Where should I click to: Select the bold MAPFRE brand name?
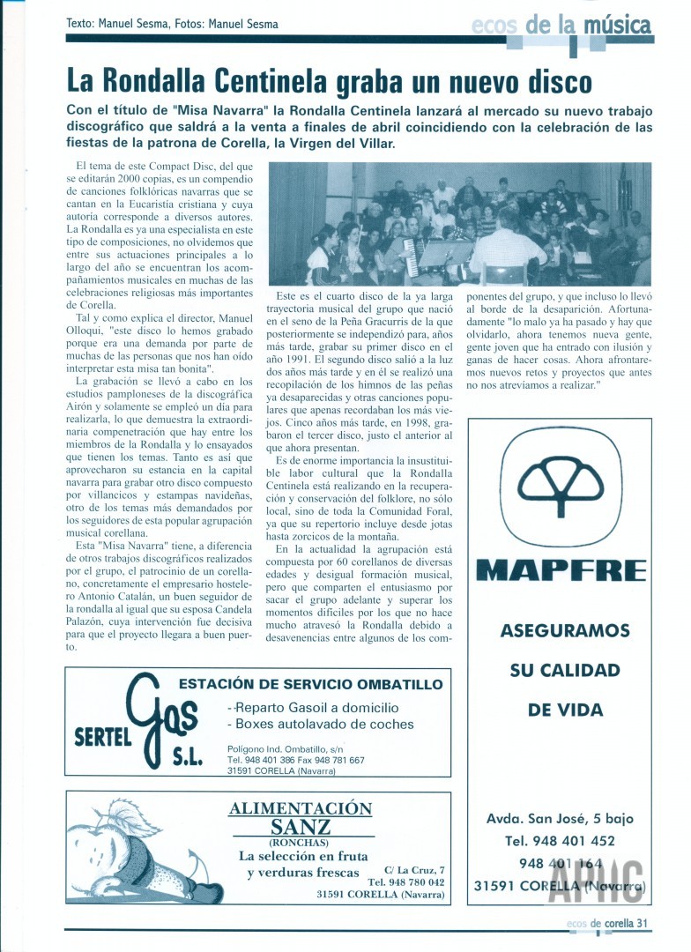(x=561, y=570)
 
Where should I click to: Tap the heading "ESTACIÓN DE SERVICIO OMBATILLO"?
(x=310, y=684)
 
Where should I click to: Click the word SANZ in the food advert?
(x=301, y=827)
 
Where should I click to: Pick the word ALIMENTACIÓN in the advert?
(x=301, y=808)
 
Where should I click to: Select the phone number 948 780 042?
(x=405, y=881)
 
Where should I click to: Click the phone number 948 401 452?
(x=561, y=841)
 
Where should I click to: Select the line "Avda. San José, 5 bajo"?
(x=561, y=819)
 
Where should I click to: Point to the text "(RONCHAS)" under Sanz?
(x=301, y=842)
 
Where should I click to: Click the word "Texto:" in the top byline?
(x=82, y=24)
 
